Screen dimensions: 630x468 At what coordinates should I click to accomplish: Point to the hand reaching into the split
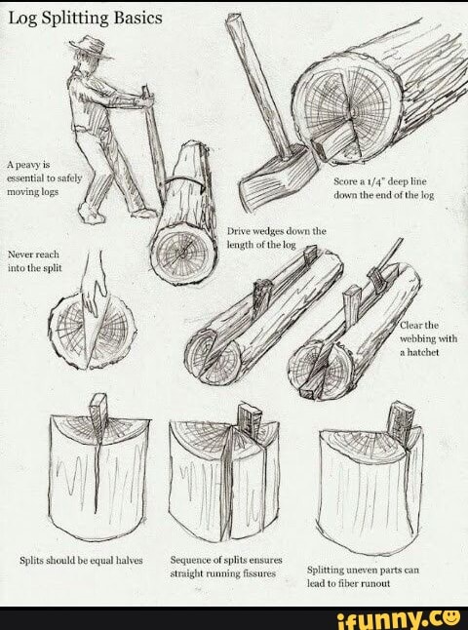[94, 291]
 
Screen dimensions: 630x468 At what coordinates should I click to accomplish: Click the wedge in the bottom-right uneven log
[399, 418]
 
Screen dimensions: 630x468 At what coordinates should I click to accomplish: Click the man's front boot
[141, 211]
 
